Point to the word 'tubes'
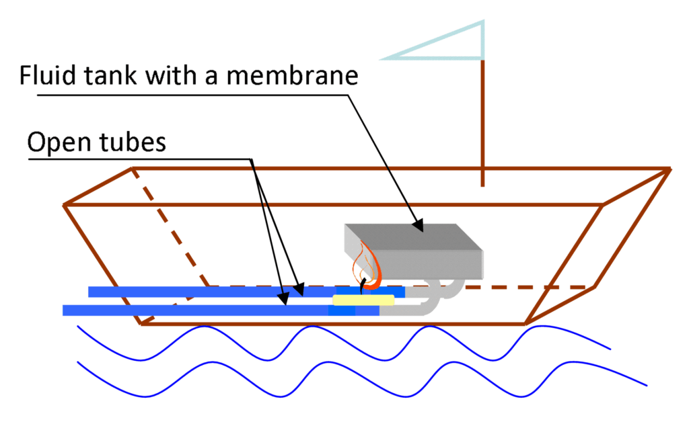click(130, 142)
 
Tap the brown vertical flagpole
click(482, 121)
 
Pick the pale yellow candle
click(363, 300)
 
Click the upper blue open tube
click(202, 292)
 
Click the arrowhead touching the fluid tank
click(419, 228)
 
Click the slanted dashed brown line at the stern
click(172, 228)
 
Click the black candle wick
click(362, 286)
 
